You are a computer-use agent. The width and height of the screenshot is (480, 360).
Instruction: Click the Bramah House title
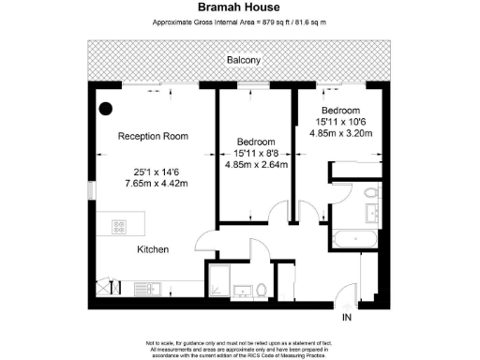pos(239,7)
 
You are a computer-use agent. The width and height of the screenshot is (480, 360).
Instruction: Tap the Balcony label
pos(243,61)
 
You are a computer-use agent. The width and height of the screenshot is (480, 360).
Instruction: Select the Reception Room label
pos(152,137)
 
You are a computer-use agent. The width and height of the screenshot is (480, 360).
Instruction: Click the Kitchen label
pos(153,249)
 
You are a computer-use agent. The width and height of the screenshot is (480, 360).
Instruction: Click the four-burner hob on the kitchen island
pos(120,226)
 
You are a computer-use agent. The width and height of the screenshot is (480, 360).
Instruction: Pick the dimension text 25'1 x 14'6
pos(153,172)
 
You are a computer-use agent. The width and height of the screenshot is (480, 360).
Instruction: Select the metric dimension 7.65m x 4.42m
pos(153,184)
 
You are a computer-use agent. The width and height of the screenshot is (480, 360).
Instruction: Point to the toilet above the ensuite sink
pos(371,194)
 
